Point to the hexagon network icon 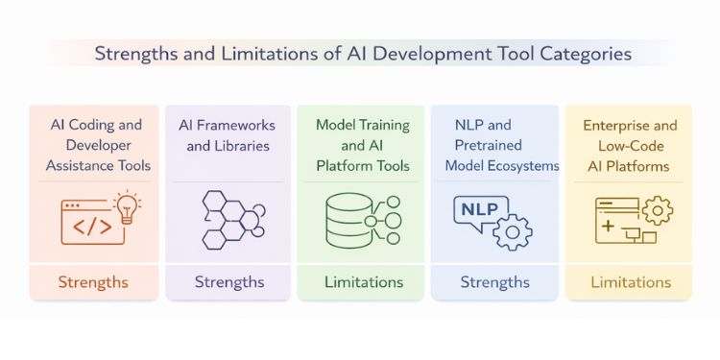(229, 219)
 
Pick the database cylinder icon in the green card (346, 220)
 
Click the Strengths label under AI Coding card (93, 282)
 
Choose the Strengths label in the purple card (229, 282)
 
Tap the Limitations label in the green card (363, 282)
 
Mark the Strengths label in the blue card (494, 282)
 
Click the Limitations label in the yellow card (631, 282)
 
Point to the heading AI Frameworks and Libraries (228, 136)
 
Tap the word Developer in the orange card (93, 145)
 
